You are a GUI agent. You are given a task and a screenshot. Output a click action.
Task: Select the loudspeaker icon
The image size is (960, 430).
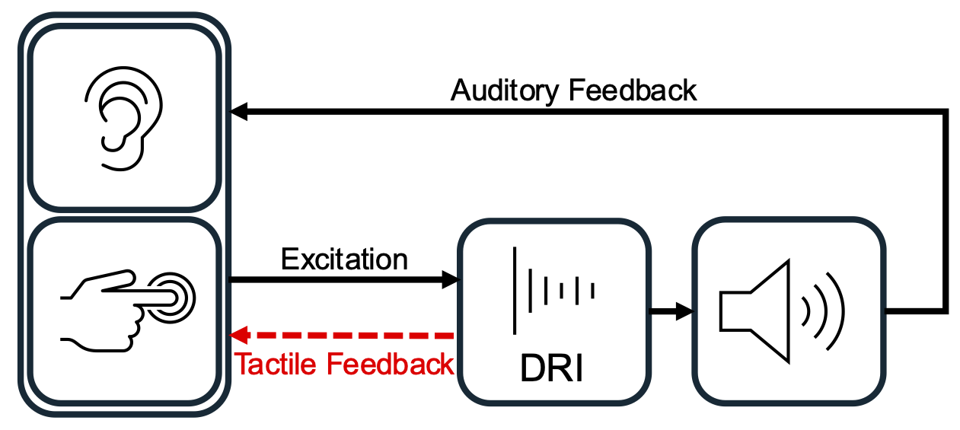tap(784, 311)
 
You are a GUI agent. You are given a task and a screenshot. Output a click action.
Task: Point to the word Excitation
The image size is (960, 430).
tap(344, 260)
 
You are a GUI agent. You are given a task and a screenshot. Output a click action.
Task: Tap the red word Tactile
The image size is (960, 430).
tap(277, 365)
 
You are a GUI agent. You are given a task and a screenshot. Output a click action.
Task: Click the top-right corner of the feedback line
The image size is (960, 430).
tap(946, 113)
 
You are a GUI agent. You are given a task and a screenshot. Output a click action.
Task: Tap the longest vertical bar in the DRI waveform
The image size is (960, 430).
tap(517, 290)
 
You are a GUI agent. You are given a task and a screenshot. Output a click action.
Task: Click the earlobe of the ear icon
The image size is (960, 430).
tap(113, 143)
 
